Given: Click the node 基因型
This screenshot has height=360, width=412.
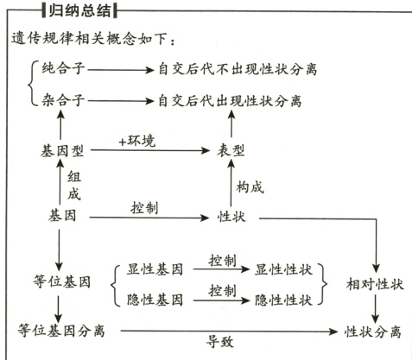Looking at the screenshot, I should pos(62,150).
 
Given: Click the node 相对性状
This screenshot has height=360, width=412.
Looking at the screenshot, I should pos(375,283).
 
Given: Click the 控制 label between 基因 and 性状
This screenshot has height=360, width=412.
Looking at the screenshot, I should pos(144,207).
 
